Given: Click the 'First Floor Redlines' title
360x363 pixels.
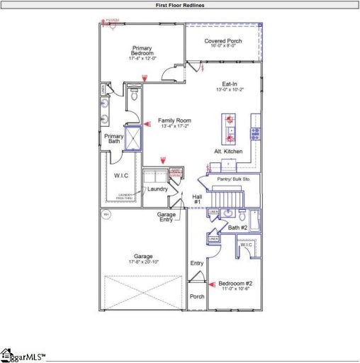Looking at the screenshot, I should (x=179, y=4).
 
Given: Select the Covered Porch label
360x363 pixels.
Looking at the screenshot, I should (x=223, y=41).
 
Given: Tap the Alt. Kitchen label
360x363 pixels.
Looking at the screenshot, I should (x=228, y=152).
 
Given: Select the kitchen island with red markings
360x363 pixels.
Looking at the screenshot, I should (x=231, y=128).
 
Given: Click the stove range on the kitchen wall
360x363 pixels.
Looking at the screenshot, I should (x=255, y=133).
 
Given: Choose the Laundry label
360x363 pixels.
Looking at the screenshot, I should (x=157, y=189).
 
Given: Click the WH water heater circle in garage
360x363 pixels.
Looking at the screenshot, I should (x=106, y=214).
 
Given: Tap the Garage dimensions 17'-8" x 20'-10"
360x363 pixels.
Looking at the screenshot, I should (x=144, y=262).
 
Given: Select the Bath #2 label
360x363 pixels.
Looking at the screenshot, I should (x=237, y=228).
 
